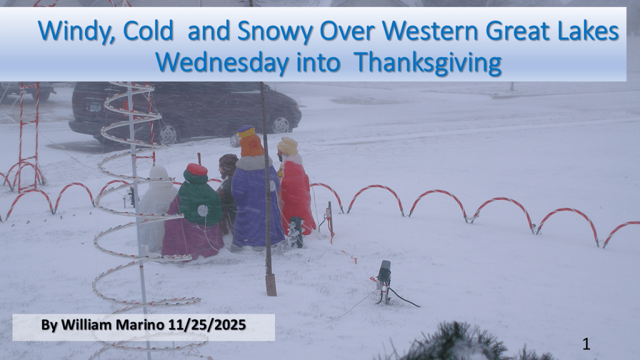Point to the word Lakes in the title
click(588, 31)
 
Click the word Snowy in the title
click(275, 32)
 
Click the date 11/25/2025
click(206, 325)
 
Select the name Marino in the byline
click(140, 325)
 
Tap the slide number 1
click(586, 344)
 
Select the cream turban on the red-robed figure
click(287, 146)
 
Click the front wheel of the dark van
click(281, 125)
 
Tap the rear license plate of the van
click(95, 107)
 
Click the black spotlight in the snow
click(384, 271)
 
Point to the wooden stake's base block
click(271, 284)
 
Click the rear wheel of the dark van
click(167, 135)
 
